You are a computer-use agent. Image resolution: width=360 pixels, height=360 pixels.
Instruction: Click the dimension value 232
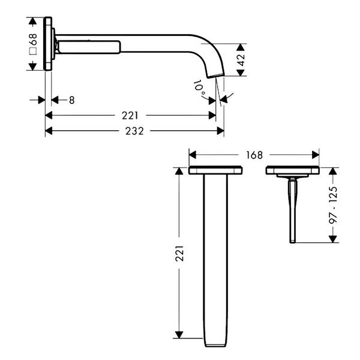point(134,131)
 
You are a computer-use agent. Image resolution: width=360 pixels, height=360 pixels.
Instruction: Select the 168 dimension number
point(254,155)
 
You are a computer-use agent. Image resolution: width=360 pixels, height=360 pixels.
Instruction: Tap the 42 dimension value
point(241,59)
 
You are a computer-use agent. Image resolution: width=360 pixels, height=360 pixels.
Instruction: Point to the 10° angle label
point(199,88)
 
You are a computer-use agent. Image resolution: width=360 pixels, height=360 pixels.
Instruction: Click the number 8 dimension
point(72,100)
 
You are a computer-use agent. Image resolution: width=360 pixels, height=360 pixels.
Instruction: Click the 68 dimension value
point(33,39)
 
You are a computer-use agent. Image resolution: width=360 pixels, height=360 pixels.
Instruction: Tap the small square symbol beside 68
point(33,51)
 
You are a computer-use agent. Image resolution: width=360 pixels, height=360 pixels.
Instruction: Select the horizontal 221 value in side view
point(130,115)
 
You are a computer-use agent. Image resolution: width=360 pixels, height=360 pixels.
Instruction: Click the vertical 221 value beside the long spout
point(179,253)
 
